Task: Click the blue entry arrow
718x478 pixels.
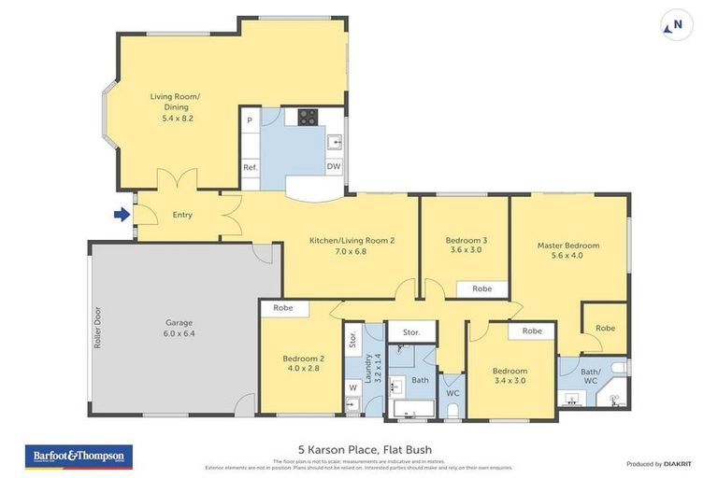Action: click(122, 215)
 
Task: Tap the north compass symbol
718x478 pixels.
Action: click(677, 26)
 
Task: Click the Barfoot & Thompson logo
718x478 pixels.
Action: click(79, 457)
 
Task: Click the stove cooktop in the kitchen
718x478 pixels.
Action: click(308, 118)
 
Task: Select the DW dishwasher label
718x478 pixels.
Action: click(333, 167)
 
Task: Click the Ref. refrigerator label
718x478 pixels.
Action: click(250, 167)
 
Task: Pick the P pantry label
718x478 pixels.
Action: click(250, 120)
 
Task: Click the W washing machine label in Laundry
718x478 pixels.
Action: click(352, 387)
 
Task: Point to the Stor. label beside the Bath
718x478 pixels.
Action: click(411, 331)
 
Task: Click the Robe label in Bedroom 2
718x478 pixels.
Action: click(282, 307)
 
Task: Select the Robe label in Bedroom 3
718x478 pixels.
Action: click(481, 288)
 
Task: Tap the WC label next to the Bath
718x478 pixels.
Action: click(452, 393)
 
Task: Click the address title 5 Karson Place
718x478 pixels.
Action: click(359, 451)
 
